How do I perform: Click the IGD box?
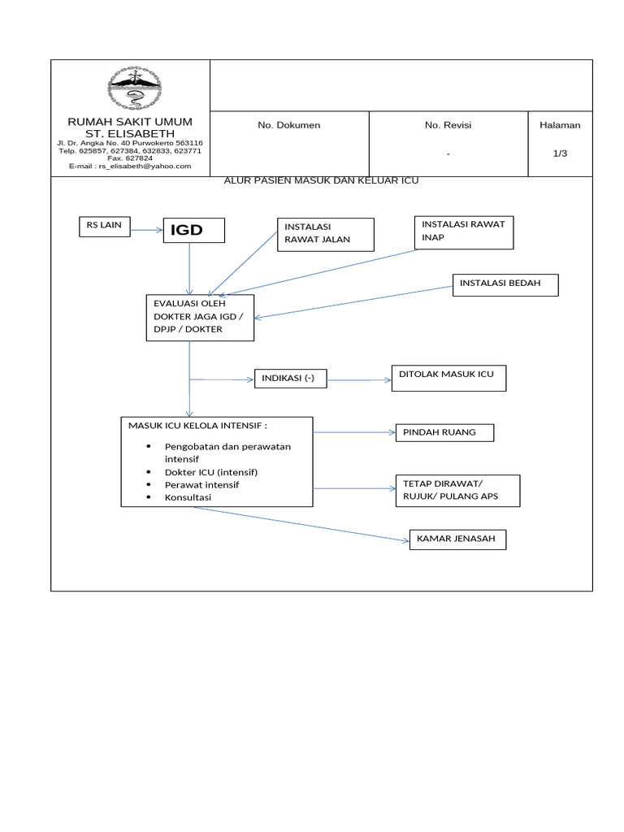[194, 231]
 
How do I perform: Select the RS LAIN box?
[104, 227]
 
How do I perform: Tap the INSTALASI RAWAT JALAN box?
[325, 234]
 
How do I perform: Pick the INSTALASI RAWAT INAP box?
[464, 232]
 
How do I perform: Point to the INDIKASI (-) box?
[290, 379]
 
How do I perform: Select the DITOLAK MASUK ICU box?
[448, 378]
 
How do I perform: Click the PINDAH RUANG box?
[444, 433]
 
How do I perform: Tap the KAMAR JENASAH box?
[457, 539]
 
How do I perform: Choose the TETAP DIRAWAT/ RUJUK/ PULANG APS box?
[457, 492]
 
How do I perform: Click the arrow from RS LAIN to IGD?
[146, 230]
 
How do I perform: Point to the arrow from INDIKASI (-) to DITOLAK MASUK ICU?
[359, 379]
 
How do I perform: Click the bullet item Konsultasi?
[188, 497]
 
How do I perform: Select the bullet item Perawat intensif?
[201, 484]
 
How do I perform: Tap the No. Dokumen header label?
[288, 125]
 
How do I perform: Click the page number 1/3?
[560, 154]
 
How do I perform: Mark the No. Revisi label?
[448, 125]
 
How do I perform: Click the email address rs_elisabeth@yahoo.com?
[145, 167]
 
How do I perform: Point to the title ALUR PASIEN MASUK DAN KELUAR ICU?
[321, 180]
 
